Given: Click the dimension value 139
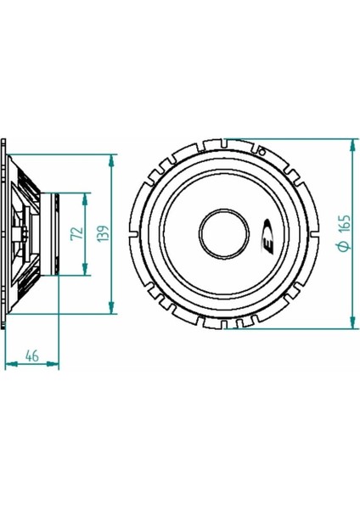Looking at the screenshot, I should (102, 234).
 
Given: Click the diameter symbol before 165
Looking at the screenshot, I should (345, 247).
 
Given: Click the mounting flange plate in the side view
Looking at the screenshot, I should (7, 233).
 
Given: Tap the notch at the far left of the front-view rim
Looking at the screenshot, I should (137, 233).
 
